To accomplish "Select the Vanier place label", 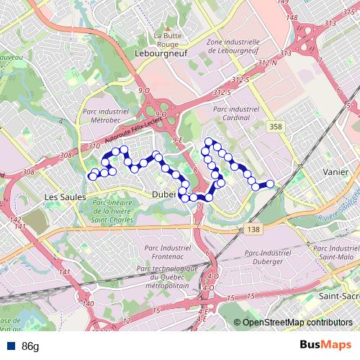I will [x=336, y=173].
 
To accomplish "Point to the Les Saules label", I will [x=65, y=197].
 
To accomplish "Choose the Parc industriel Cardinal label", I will [x=237, y=113].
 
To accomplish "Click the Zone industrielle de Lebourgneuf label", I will [x=232, y=46].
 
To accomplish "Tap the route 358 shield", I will [x=275, y=126].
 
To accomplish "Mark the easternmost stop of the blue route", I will [x=271, y=184].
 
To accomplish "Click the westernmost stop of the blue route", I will [x=92, y=176].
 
